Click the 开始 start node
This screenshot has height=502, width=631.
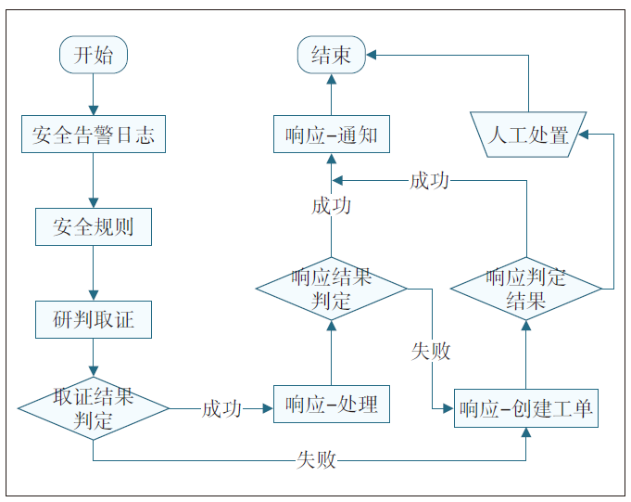(x=93, y=55)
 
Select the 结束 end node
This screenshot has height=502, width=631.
(x=331, y=55)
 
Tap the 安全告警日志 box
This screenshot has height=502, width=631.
(x=93, y=135)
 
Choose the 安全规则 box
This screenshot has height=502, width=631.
(x=93, y=226)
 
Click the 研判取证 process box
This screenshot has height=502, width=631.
(x=93, y=319)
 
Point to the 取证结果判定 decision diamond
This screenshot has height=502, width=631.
(x=93, y=408)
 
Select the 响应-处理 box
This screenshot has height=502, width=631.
(x=331, y=405)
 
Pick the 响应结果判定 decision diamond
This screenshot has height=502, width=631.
(x=331, y=289)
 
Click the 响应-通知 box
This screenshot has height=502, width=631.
(x=331, y=135)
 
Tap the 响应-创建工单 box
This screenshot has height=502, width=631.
(x=525, y=408)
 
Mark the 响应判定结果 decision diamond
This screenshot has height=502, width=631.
(x=525, y=289)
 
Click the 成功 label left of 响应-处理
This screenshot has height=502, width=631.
(x=221, y=408)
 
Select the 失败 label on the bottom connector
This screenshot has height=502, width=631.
(x=315, y=459)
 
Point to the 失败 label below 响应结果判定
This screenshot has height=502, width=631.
(x=431, y=351)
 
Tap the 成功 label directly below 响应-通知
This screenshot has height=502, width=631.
(x=331, y=205)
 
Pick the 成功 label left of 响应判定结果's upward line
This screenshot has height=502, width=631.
(x=429, y=180)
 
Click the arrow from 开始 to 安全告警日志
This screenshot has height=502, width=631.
(x=93, y=94)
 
